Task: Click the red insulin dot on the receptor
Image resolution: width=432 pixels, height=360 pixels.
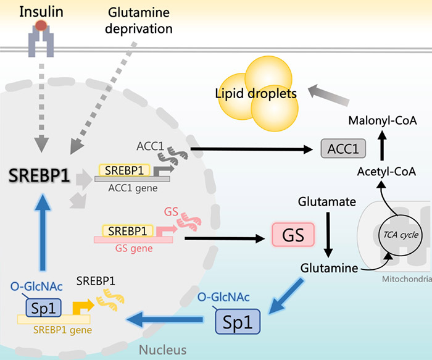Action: coord(41,26)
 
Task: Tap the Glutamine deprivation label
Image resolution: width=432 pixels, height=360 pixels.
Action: coord(139,20)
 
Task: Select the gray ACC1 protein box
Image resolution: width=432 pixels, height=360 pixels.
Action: coord(343,149)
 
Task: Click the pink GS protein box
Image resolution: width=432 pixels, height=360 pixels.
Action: coord(293,235)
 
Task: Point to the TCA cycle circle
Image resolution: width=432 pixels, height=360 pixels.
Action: coord(401,235)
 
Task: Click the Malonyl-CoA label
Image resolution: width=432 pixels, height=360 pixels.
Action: coord(383,121)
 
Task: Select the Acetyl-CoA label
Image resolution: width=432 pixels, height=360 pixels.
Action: coord(386,172)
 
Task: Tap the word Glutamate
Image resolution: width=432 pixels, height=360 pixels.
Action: coord(326,202)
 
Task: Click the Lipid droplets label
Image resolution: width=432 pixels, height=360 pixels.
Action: coord(255,94)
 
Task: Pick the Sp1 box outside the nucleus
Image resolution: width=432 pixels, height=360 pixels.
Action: coord(238,322)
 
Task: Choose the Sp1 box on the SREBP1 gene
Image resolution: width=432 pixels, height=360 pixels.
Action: coord(44,308)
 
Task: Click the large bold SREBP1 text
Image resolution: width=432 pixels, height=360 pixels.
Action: coord(39,175)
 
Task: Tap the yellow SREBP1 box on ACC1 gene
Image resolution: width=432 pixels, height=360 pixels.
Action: coord(124,170)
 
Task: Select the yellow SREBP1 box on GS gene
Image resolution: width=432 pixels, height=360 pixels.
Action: coord(128,231)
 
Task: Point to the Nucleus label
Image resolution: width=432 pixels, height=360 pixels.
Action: coord(162,350)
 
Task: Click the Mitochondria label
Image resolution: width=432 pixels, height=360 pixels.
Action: coord(407,279)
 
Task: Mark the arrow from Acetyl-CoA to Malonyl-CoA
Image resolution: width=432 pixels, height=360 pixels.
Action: coord(382,145)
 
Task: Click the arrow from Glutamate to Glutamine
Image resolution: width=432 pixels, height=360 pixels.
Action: coord(328,234)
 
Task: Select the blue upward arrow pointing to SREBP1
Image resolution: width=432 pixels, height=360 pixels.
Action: coord(43,232)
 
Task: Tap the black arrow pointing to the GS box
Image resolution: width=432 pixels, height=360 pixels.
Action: coord(225,238)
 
